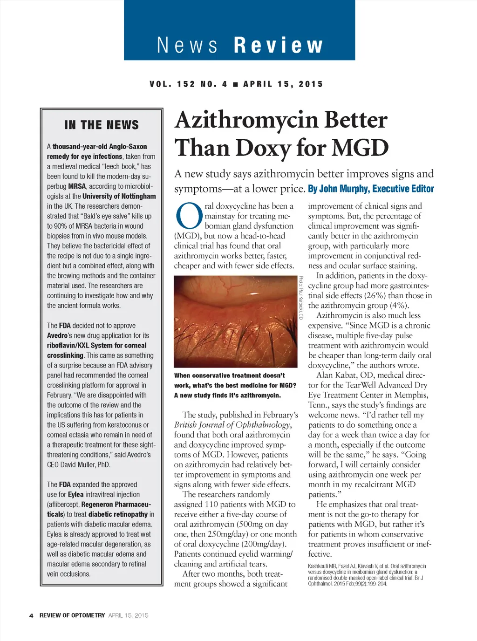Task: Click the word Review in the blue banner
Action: (278, 46)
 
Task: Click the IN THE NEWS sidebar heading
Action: (102, 125)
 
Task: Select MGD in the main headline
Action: (360, 148)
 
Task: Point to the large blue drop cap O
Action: (189, 217)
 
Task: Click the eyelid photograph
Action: (235, 321)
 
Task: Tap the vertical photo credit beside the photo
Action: (301, 298)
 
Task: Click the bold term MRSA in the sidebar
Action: (77, 186)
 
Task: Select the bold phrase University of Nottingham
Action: (119, 196)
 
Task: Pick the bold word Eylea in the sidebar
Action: (76, 495)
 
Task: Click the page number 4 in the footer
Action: (31, 615)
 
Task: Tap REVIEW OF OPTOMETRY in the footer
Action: (72, 615)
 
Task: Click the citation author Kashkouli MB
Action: (324, 566)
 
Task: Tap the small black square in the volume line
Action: (235, 84)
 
